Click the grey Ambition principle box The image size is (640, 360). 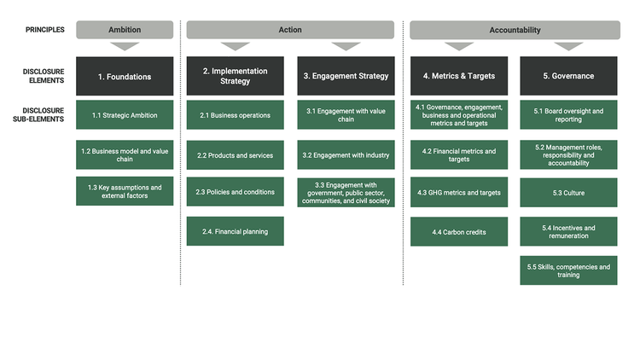[x=125, y=30]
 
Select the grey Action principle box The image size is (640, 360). [x=290, y=30]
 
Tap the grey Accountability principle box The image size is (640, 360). [x=515, y=30]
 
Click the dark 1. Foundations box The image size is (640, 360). [x=125, y=76]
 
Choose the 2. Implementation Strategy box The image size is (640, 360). [x=236, y=76]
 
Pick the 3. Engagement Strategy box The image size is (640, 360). [x=346, y=76]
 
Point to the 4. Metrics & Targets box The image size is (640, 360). [x=458, y=76]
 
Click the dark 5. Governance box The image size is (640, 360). [x=568, y=76]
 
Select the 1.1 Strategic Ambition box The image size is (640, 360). [x=125, y=115]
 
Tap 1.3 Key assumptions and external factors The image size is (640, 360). [x=125, y=192]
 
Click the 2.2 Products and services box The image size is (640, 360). [x=236, y=155]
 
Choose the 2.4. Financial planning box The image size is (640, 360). [x=236, y=231]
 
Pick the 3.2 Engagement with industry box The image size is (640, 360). [x=346, y=155]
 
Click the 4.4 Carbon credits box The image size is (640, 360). [x=458, y=231]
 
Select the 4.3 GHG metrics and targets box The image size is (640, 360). [x=458, y=193]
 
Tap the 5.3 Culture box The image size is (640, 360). [x=568, y=193]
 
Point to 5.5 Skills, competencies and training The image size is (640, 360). [x=568, y=270]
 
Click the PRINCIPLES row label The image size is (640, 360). [x=44, y=30]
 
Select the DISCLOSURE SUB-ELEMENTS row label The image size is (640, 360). [x=44, y=115]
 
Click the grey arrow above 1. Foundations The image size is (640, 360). [x=125, y=46]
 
